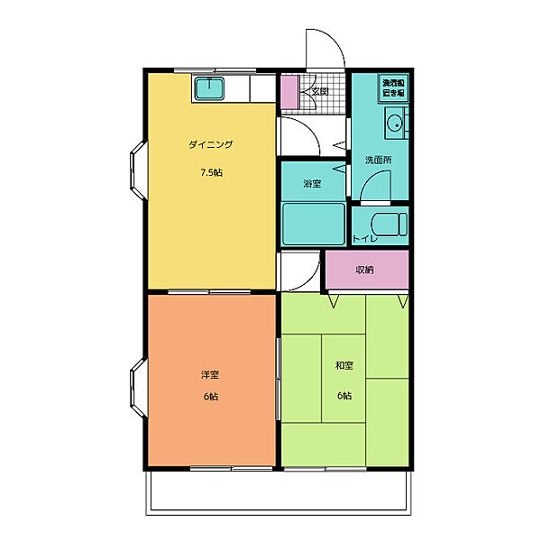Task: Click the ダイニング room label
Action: click(x=211, y=144)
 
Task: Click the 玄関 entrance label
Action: click(x=320, y=90)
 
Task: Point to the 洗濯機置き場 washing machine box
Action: click(x=392, y=87)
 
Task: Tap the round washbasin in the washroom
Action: click(x=394, y=125)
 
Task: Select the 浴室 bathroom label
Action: click(x=312, y=184)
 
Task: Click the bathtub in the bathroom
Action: click(x=313, y=224)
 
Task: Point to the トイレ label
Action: click(x=365, y=239)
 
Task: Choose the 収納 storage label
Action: click(x=364, y=270)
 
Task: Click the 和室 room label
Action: click(x=344, y=365)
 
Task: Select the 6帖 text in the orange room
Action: click(x=210, y=398)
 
